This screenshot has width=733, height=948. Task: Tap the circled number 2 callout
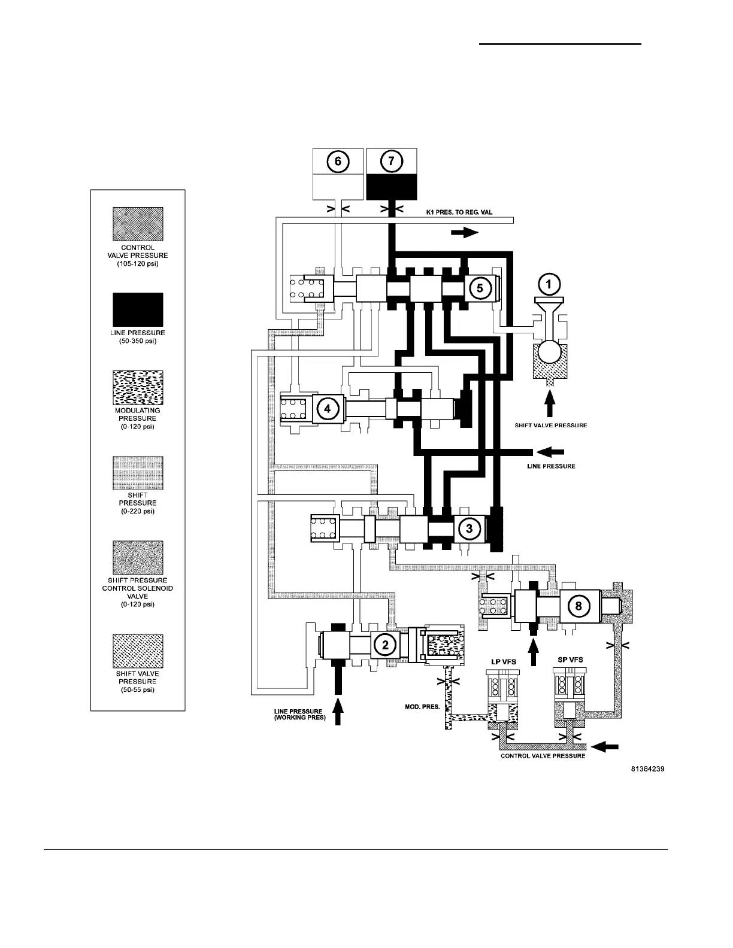click(x=385, y=644)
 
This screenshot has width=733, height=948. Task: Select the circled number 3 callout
click(x=470, y=528)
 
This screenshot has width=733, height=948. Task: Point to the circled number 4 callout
click(x=326, y=409)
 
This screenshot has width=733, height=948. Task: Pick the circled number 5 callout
click(x=480, y=287)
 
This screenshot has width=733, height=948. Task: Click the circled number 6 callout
click(x=338, y=162)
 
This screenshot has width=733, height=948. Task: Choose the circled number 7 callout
click(x=392, y=162)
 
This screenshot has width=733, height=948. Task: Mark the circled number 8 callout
click(x=578, y=606)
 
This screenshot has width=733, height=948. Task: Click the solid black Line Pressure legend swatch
click(x=138, y=309)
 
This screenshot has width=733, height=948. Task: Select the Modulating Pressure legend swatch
click(x=138, y=387)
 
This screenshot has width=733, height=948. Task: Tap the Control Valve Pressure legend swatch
click(x=138, y=224)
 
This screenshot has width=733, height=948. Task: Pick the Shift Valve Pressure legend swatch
click(x=138, y=651)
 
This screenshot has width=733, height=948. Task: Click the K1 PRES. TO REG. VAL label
click(x=459, y=213)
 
